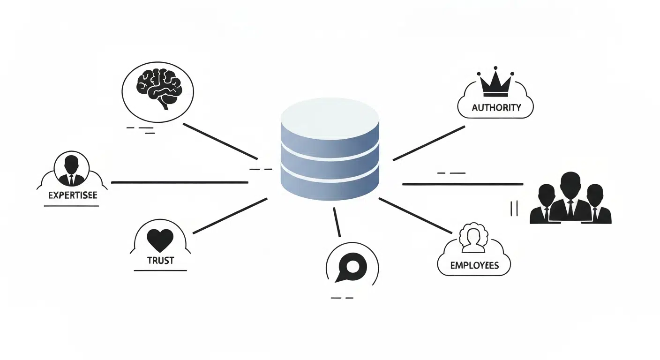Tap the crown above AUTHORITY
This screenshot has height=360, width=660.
point(495,82)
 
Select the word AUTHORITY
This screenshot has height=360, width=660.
point(496,107)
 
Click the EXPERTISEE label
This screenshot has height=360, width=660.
point(73,195)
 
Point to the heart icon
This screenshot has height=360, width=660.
point(160,240)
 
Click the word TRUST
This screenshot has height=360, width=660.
point(161,261)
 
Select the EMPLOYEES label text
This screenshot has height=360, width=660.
point(474,265)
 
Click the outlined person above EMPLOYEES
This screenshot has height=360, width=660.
point(473,238)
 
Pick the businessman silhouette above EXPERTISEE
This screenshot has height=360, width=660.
point(71,171)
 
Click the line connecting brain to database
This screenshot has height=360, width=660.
point(220,142)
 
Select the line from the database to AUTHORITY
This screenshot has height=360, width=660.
point(429,143)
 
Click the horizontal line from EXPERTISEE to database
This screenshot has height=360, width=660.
point(180,183)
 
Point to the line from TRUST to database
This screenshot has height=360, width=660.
point(230,216)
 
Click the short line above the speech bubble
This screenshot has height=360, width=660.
point(337,222)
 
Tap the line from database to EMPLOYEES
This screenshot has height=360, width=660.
point(415,216)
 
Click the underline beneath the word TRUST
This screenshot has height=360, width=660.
point(160,270)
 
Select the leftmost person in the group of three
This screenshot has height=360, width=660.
point(545,204)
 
